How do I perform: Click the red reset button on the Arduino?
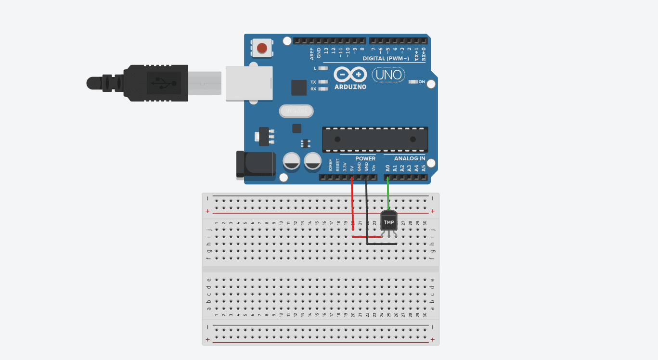click(x=262, y=48)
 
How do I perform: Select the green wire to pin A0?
click(x=388, y=193)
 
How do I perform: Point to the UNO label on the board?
click(x=388, y=75)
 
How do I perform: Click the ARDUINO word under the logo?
click(x=350, y=87)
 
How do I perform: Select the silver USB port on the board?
click(x=249, y=83)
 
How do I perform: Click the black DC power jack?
click(x=256, y=165)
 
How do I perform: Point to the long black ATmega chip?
click(x=374, y=139)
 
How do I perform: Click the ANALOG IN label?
click(x=409, y=158)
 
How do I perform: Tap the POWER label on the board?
click(x=365, y=158)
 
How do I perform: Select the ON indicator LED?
click(x=413, y=82)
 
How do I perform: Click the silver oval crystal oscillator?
click(x=296, y=111)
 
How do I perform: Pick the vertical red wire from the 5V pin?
click(x=352, y=202)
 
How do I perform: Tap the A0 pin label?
click(x=387, y=168)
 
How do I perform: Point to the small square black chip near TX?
click(x=298, y=87)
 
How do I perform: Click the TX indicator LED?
click(x=323, y=82)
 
